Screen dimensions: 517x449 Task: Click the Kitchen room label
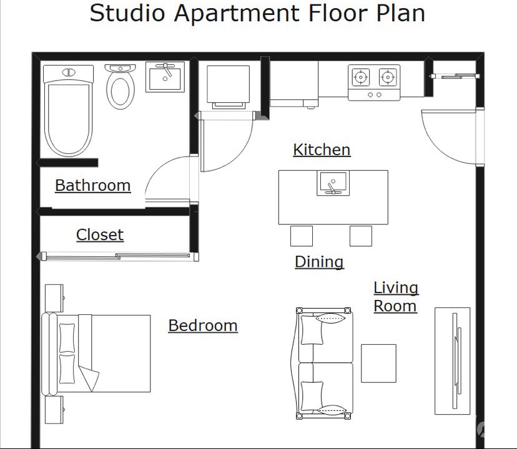coord(322,150)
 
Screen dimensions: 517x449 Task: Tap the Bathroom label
coord(92,185)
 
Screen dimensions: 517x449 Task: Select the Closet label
coord(100,235)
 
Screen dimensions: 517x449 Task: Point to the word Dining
coord(319,262)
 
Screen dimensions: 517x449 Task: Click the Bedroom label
coord(203,326)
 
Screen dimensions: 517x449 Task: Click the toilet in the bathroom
coord(121,86)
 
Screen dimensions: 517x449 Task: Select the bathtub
coord(69,110)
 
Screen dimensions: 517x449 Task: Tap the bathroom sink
coord(165,77)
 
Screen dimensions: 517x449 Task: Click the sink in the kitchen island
coord(333,183)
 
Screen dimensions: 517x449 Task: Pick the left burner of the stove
coord(361,77)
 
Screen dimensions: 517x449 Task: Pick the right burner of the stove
coord(387,77)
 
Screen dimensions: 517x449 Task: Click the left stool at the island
coord(302,236)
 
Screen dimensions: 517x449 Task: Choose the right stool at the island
coord(361,236)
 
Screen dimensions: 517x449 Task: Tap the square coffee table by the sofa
coord(378,364)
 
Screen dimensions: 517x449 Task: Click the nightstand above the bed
coord(54,299)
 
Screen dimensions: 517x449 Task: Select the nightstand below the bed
coord(54,410)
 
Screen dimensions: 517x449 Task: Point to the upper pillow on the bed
coord(67,337)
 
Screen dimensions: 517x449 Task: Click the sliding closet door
coord(118,256)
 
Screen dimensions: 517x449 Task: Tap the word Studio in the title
coord(127,13)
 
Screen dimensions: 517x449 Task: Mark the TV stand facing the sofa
coord(452,361)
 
